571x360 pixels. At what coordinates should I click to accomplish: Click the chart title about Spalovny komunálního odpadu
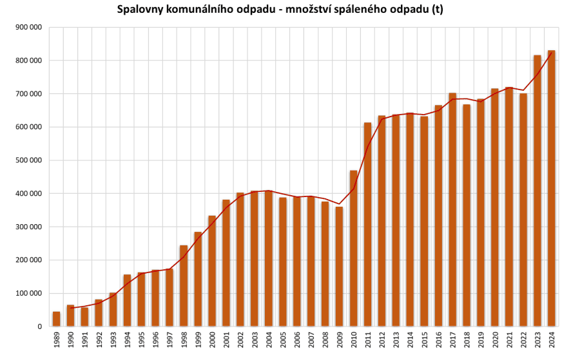point(280,10)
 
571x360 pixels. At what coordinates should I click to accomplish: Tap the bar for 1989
point(57,319)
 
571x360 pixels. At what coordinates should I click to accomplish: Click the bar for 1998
point(184,286)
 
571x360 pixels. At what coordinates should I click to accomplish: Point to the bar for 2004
point(269,258)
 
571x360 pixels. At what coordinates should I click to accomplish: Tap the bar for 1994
point(127,300)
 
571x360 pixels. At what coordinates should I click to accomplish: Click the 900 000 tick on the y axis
point(28,27)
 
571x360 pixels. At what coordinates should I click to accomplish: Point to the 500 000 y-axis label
point(28,160)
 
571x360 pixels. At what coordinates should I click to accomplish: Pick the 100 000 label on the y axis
point(28,294)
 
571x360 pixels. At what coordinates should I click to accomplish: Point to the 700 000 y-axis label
point(28,94)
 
